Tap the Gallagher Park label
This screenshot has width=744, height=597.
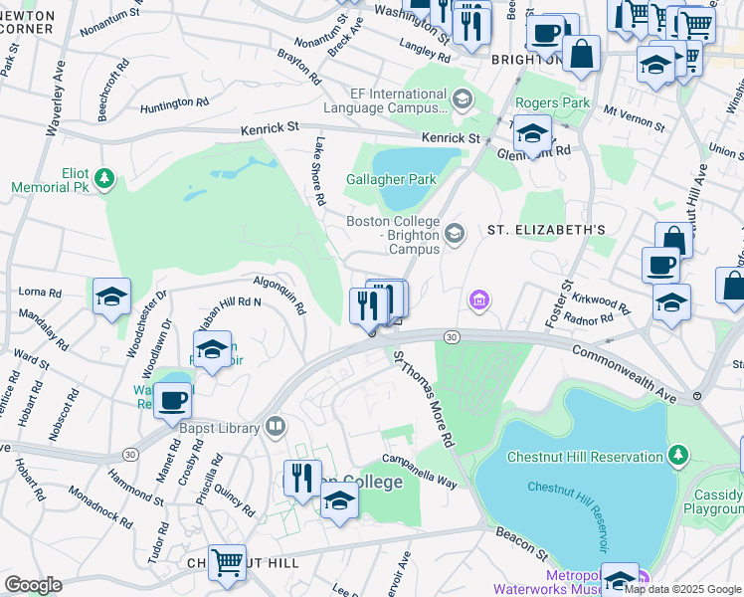tap(391, 180)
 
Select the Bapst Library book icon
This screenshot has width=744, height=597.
tap(276, 427)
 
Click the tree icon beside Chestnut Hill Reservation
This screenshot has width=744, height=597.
tap(678, 456)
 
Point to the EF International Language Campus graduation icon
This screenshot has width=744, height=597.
tap(462, 99)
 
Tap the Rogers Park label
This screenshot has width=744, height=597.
tap(552, 102)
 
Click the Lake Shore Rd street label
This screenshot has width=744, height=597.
tap(319, 171)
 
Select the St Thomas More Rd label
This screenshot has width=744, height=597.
tap(422, 398)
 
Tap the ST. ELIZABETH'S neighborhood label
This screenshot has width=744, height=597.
tap(545, 230)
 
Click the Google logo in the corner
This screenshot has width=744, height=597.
tap(33, 584)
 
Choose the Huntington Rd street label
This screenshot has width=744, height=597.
tap(174, 102)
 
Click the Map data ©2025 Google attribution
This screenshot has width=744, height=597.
tap(683, 589)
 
